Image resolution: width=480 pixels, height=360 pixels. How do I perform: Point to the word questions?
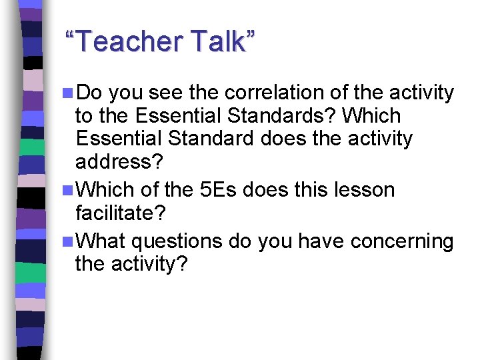176,240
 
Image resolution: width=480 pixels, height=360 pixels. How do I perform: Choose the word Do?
91,93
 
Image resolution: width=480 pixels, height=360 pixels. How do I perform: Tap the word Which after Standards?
371,117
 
